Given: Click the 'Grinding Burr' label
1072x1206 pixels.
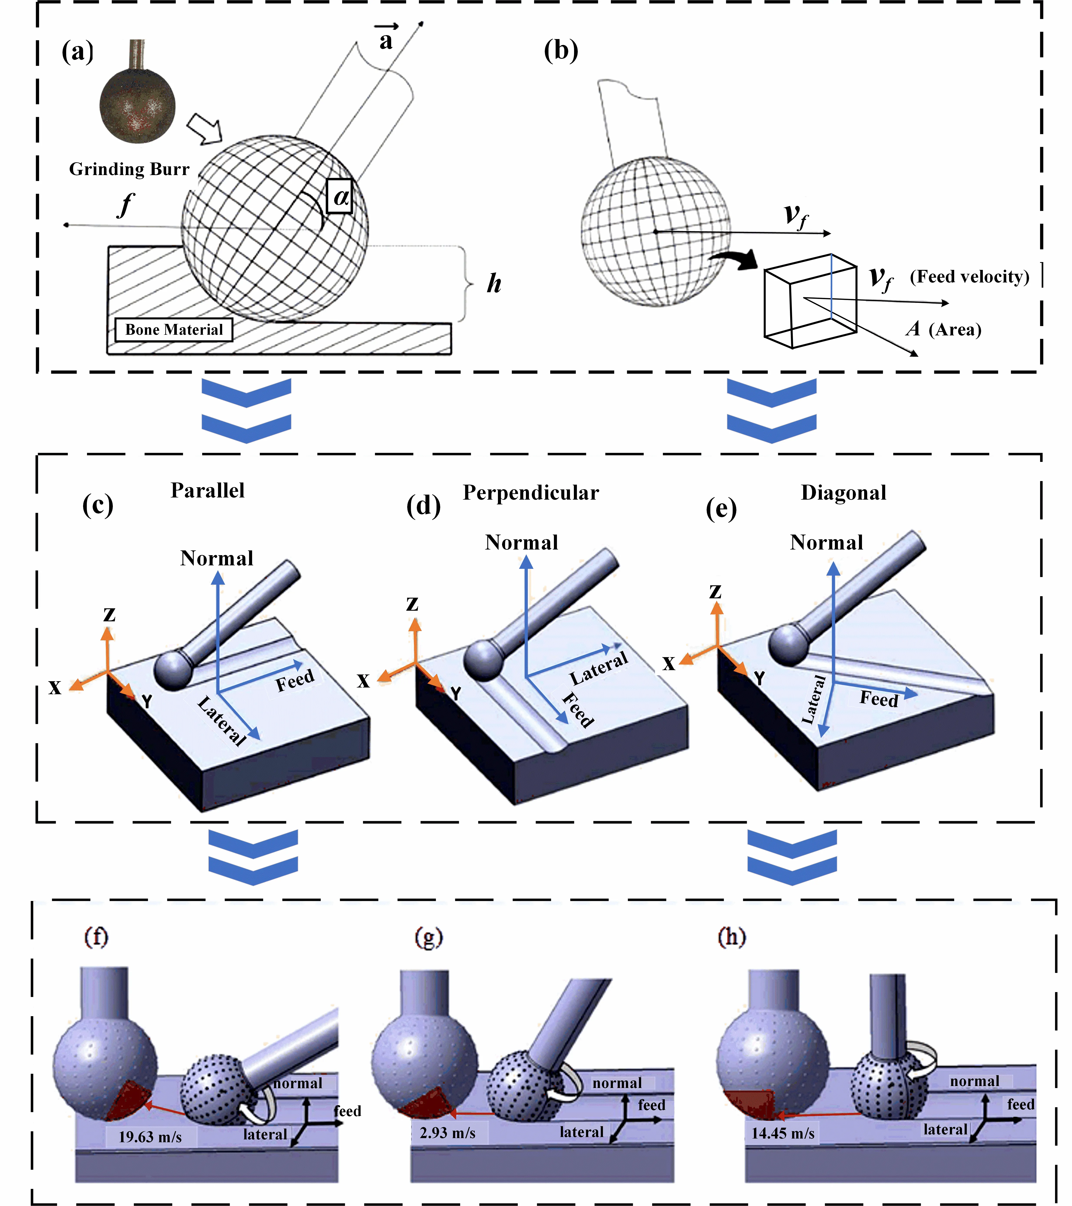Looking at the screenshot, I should click(x=129, y=169).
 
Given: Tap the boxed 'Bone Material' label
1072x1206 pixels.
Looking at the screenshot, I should click(x=174, y=329).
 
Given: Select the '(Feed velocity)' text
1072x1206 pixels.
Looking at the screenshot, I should click(x=969, y=277).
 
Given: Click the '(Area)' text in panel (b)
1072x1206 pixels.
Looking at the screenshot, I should click(x=955, y=329).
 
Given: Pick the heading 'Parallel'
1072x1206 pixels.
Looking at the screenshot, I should click(x=208, y=490).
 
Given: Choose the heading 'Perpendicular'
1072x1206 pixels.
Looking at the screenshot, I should click(x=530, y=493).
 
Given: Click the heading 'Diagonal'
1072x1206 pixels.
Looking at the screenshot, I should click(x=843, y=493).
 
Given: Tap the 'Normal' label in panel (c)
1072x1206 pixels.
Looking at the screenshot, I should click(x=217, y=558).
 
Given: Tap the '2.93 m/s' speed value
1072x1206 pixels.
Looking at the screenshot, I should click(x=447, y=1132).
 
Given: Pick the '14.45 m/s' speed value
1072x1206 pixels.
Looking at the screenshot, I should click(x=783, y=1133).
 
